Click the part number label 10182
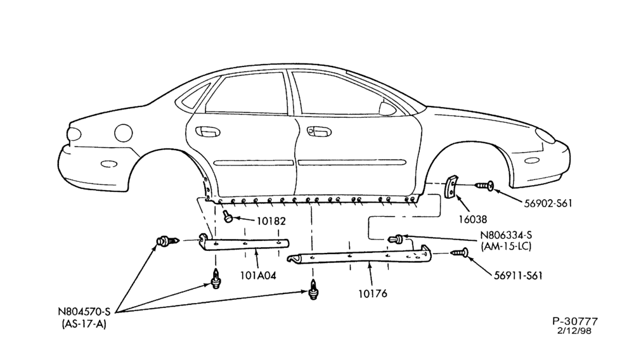coord(271,221)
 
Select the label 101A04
coord(258,276)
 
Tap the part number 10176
coord(372,293)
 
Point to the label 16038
coord(473,219)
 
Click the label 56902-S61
coord(548,203)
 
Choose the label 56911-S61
coord(518,276)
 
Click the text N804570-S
coord(84,312)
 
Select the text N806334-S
coord(506,235)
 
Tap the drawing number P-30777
coord(575,321)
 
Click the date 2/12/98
coord(574,330)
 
